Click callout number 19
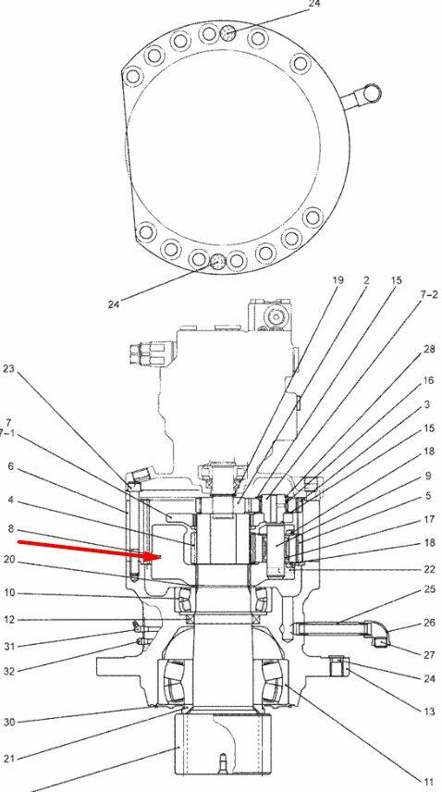[x=338, y=279]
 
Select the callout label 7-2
[x=429, y=295]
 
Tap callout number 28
[x=428, y=350]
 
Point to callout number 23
[x=8, y=369]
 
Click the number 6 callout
[x=10, y=466]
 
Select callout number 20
[x=9, y=560]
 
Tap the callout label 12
[x=9, y=620]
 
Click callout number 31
[x=9, y=646]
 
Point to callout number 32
[x=9, y=672]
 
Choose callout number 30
[x=9, y=723]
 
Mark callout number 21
[x=9, y=758]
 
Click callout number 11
[x=427, y=783]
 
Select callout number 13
[x=428, y=712]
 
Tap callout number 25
[x=429, y=589]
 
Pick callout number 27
[x=429, y=655]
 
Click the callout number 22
[x=429, y=569]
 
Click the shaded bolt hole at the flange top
[x=228, y=33]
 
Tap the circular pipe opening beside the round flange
[x=372, y=93]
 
